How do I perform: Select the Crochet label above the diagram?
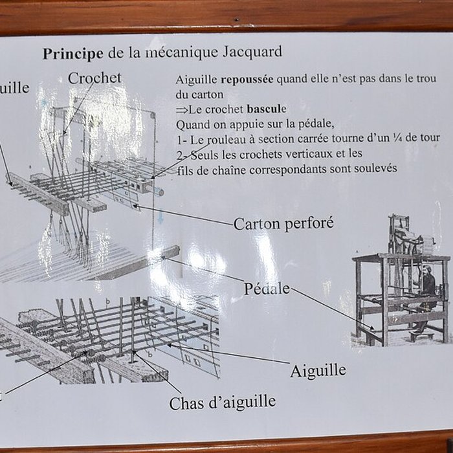click(x=94, y=78)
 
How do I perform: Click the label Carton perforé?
click(x=283, y=224)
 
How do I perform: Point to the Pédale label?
click(x=267, y=289)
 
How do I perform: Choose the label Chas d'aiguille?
click(x=222, y=403)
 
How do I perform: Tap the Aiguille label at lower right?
click(x=318, y=371)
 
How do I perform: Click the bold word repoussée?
click(x=248, y=81)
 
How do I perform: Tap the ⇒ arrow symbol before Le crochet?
click(x=181, y=109)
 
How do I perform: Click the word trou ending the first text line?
click(x=427, y=81)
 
